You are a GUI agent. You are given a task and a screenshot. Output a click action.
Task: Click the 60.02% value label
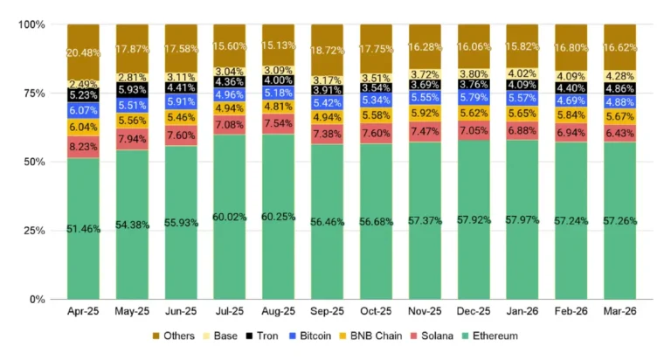230,218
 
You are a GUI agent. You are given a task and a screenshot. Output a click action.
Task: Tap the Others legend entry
180,336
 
